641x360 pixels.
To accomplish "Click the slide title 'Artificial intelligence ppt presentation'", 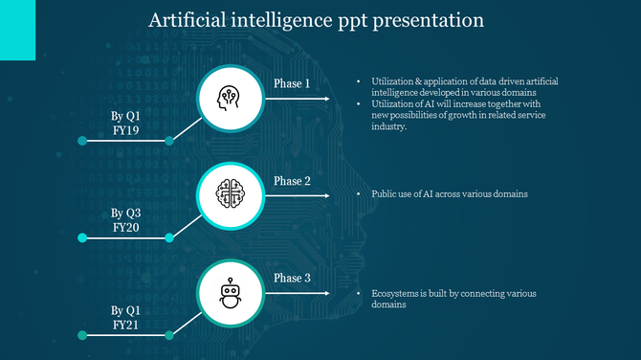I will tap(316, 20).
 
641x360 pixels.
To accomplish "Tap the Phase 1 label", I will tap(292, 83).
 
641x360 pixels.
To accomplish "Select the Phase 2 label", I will tap(292, 181).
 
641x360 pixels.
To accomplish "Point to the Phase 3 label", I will tap(292, 279).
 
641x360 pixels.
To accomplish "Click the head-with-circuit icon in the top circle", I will tap(230, 98).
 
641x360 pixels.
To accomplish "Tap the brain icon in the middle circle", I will tap(230, 195).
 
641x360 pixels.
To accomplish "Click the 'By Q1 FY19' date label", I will tap(125, 124).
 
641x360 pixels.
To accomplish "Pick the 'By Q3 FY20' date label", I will tap(125, 220).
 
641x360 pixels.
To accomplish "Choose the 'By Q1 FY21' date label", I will tap(125, 318).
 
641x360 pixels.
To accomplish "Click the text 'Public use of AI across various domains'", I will tap(449, 193).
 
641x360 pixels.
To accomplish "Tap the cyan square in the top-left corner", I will tap(17, 30).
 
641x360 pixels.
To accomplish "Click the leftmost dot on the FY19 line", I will tap(82, 141).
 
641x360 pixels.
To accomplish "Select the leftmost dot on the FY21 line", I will tap(82, 335).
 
